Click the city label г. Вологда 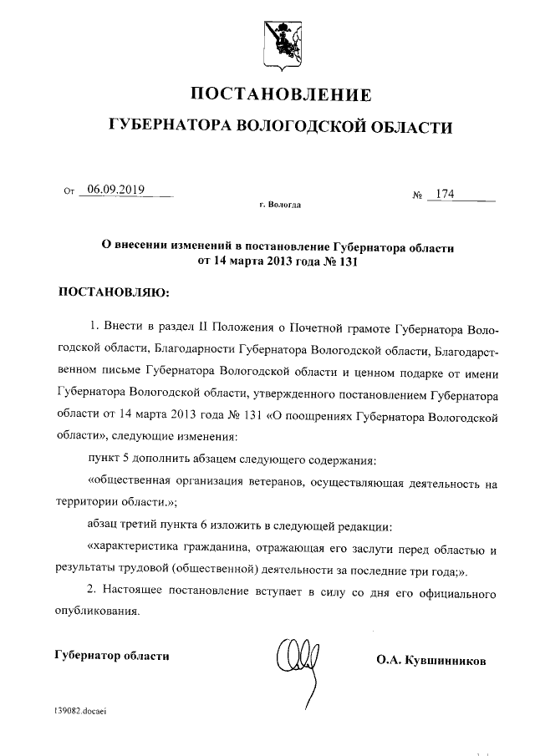(x=281, y=205)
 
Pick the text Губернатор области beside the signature (x=110, y=656)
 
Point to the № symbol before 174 (x=418, y=196)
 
